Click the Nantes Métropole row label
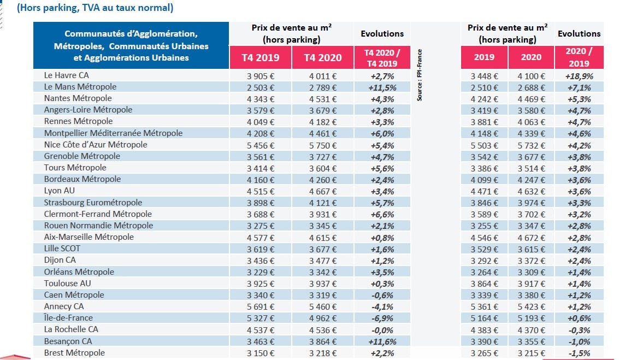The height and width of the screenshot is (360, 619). pos(78,98)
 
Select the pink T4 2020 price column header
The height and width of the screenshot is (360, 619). pos(323,57)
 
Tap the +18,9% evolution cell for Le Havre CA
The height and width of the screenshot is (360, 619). pos(579,76)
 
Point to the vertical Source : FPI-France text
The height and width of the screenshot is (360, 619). pos(420,75)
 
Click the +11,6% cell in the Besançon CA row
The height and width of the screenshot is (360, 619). pos(382,342)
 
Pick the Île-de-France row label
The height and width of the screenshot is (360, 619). pos(68,318)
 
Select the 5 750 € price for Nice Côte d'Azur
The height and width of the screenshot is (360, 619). pos(323,146)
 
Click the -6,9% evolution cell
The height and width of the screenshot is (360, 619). pos(382,318)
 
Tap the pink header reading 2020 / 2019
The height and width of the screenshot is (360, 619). pos(579,57)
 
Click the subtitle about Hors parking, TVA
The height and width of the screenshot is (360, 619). pos(95,8)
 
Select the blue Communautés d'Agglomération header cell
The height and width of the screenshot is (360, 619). pos(131,45)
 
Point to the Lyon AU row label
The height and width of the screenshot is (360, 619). pos(59,191)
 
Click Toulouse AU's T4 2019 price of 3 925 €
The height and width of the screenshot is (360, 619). pos(261,284)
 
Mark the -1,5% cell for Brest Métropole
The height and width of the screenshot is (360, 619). pos(579,353)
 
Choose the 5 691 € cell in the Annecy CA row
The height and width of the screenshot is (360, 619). pos(261,306)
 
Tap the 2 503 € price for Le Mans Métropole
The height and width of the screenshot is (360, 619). pos(261,87)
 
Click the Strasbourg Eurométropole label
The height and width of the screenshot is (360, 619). pos(93,203)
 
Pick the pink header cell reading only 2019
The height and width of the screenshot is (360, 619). pos(484,57)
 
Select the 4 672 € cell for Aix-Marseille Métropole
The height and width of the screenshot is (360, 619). pos(531,238)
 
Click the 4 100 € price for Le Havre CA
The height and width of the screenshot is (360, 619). pos(531,76)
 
